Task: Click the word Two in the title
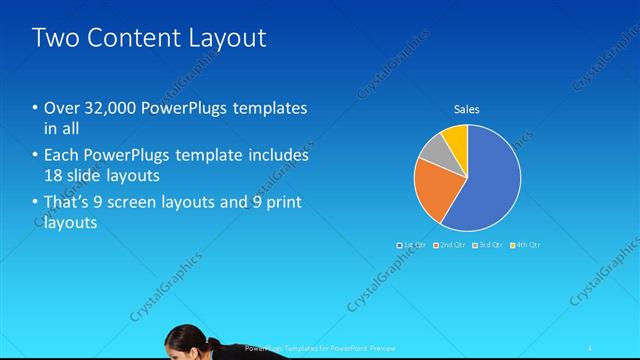[x=54, y=38]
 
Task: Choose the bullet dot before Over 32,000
[x=35, y=108]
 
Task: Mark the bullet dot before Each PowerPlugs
[x=35, y=156]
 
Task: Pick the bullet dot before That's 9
[x=35, y=203]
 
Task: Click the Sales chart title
[x=468, y=109]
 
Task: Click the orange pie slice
[x=437, y=189]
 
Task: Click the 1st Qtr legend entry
[x=412, y=244]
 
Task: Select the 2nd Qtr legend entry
[x=450, y=244]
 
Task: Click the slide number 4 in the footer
[x=591, y=347]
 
